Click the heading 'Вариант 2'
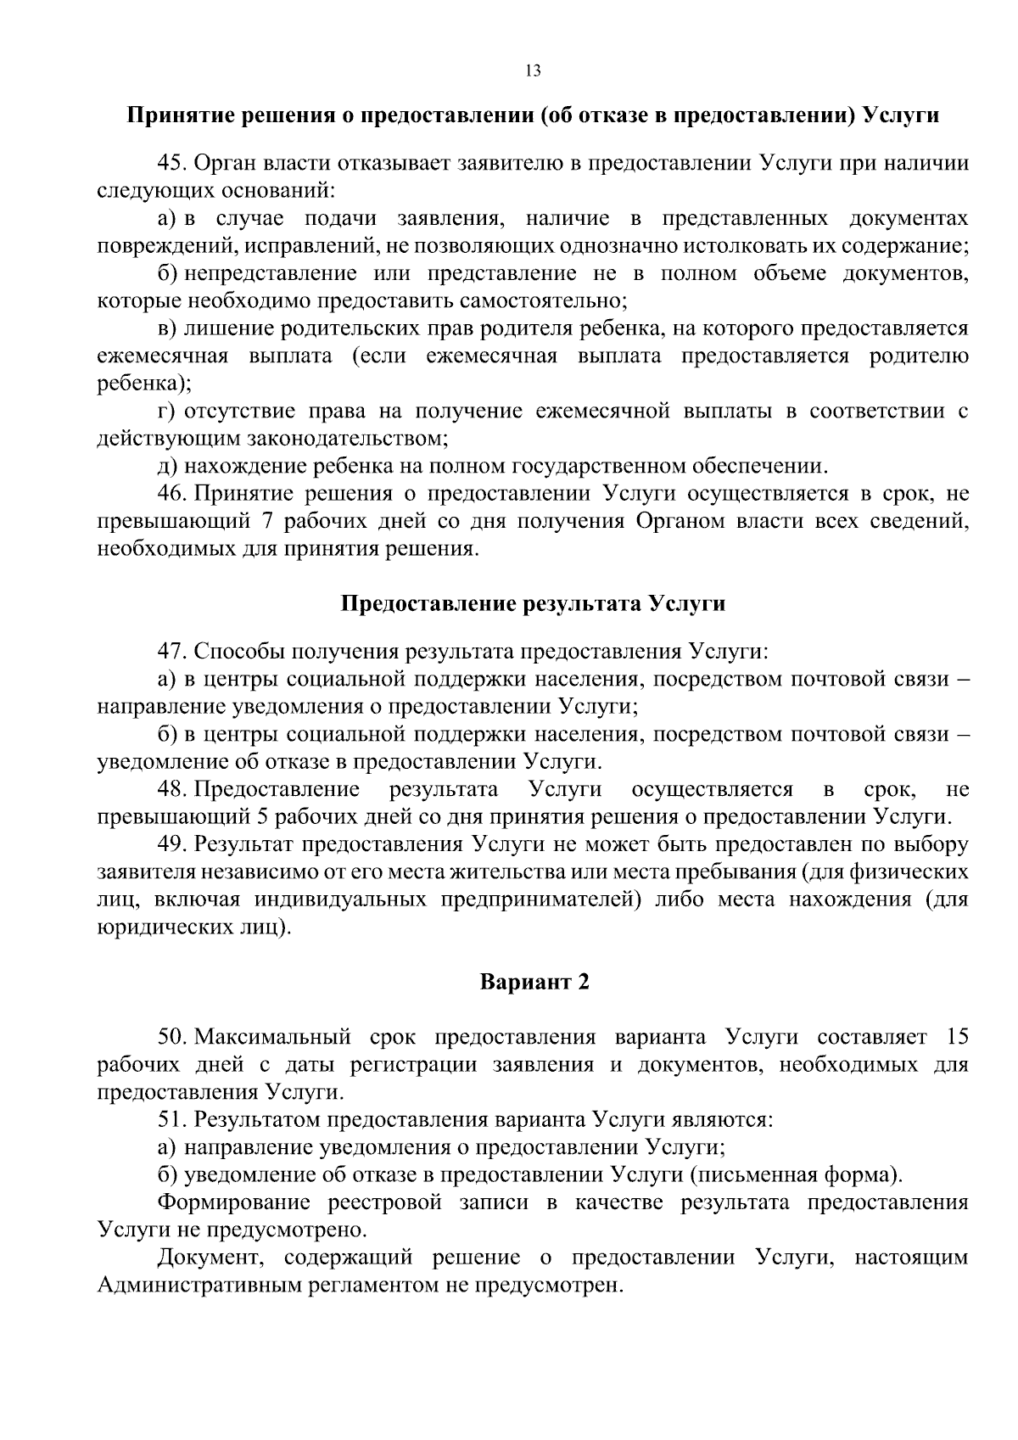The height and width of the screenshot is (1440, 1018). [534, 983]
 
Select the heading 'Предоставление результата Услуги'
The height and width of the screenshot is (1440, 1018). [533, 604]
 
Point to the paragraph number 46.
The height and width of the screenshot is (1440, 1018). [171, 493]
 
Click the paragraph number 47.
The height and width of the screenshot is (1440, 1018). [171, 652]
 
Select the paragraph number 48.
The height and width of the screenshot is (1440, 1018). [171, 790]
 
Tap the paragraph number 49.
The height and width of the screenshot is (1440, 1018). [171, 845]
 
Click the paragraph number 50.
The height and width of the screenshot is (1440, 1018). [171, 1037]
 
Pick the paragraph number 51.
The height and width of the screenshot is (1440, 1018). [171, 1119]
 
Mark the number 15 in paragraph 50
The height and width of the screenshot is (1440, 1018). [956, 1037]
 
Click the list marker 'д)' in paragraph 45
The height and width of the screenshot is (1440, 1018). [167, 466]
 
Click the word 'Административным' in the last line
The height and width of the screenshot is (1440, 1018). [199, 1285]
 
